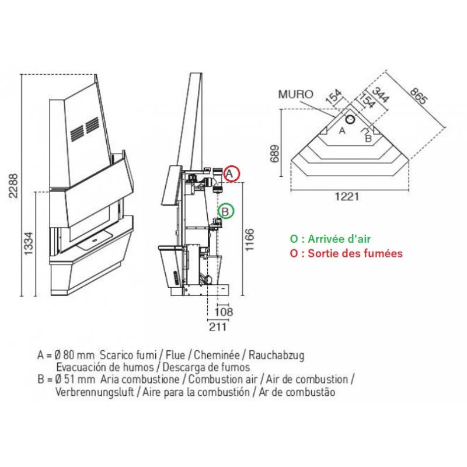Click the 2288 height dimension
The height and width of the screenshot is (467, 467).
point(13,185)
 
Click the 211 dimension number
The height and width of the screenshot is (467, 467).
point(217,326)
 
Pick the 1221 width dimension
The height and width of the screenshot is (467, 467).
point(347,197)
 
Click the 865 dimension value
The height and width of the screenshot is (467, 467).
point(419,99)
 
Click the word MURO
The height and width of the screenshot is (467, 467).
point(295,94)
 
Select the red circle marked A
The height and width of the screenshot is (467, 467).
point(232,173)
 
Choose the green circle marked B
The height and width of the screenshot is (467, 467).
point(226,210)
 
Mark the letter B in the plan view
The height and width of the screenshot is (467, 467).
point(368,138)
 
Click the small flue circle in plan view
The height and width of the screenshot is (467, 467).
point(349,119)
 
